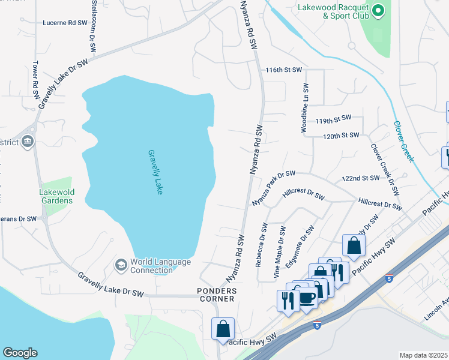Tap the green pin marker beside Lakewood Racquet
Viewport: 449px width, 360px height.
click(x=378, y=10)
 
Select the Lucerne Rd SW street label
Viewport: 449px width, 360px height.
click(x=65, y=23)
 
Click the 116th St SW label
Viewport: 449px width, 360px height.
click(x=284, y=70)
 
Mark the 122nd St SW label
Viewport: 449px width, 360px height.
click(x=361, y=178)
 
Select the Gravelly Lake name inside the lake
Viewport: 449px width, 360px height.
click(x=155, y=172)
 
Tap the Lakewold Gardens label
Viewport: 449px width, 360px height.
click(x=56, y=196)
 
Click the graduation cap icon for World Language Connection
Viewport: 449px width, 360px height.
click(x=121, y=265)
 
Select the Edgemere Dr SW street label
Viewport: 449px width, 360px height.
click(x=300, y=244)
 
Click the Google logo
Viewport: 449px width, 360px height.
click(x=20, y=353)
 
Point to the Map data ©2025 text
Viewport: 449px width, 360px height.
click(x=423, y=355)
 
